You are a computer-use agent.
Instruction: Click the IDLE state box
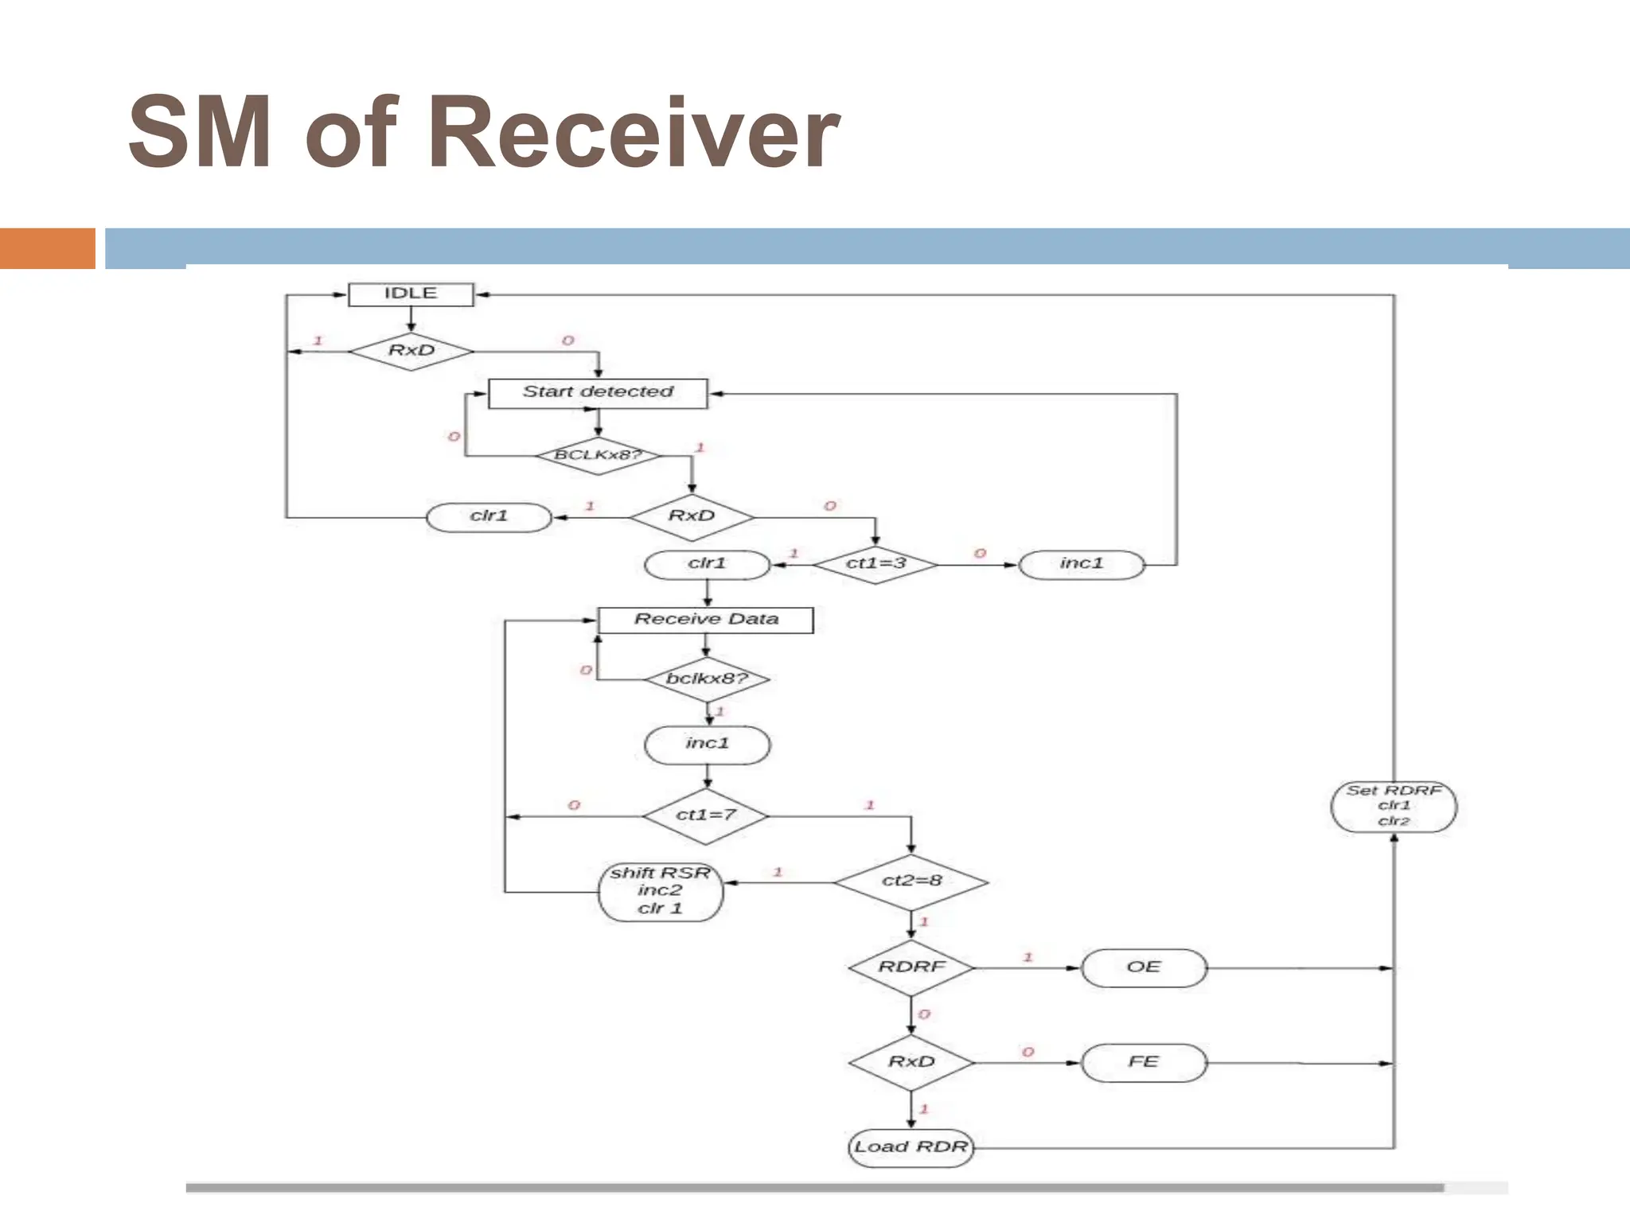point(411,294)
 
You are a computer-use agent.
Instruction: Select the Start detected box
point(597,392)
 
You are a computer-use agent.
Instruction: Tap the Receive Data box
point(705,620)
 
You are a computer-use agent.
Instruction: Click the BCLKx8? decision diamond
point(598,455)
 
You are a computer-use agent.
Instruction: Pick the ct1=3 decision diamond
point(875,564)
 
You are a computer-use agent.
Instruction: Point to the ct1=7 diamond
point(705,815)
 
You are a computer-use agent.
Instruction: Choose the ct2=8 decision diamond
point(911,881)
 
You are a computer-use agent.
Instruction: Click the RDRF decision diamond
point(911,967)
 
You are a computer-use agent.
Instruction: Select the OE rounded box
point(1144,967)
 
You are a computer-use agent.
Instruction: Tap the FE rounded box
point(1144,1062)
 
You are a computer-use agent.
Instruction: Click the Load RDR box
point(911,1147)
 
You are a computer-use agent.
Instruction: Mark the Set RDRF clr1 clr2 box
point(1394,806)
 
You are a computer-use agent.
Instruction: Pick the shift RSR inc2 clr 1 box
point(660,891)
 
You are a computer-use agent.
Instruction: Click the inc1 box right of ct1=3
point(1082,564)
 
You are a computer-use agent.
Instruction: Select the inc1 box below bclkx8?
point(707,744)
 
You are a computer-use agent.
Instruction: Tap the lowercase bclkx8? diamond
point(707,679)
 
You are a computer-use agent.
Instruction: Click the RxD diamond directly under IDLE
point(411,351)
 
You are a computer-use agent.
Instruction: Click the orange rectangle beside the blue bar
point(47,248)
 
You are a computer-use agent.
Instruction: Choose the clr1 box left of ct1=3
point(707,564)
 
